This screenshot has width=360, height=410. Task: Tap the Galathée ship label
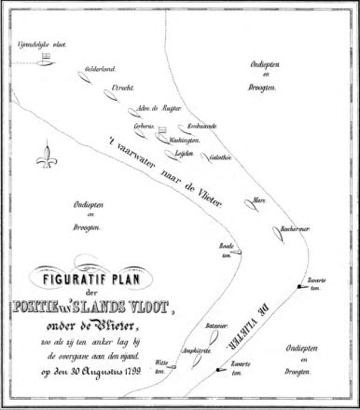221,157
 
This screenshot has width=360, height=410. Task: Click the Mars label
260,199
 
